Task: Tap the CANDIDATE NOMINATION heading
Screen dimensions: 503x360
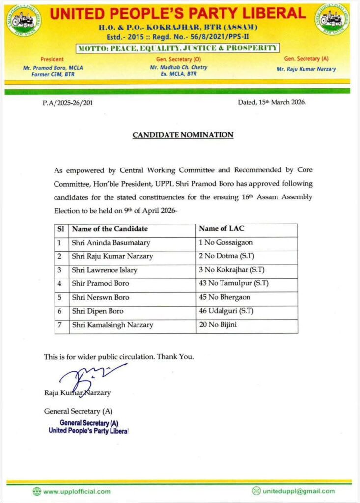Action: pyautogui.click(x=183, y=135)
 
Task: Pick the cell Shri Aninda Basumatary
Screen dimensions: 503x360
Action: pyautogui.click(x=111, y=243)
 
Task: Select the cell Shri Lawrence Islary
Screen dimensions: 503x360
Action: pyautogui.click(x=105, y=270)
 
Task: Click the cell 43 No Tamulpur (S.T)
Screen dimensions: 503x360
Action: pyautogui.click(x=234, y=283)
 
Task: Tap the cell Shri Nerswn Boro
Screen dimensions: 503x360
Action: pyautogui.click(x=98, y=297)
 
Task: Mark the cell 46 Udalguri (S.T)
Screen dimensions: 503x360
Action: pyautogui.click(x=226, y=311)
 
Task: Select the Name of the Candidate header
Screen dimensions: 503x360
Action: pyautogui.click(x=110, y=229)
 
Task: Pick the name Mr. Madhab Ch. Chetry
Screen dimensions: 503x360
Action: pyautogui.click(x=179, y=67)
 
